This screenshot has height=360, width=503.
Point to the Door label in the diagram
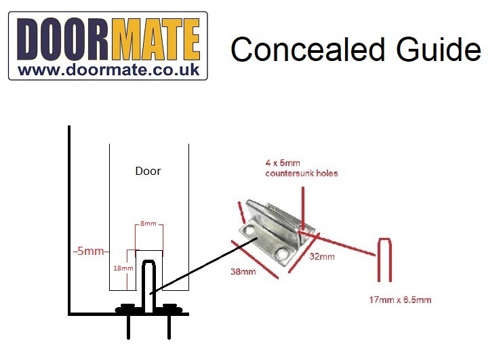(x=148, y=171)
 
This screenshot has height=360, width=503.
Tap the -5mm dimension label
(x=89, y=252)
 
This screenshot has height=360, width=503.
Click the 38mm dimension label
(x=243, y=273)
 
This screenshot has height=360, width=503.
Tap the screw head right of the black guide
(x=169, y=309)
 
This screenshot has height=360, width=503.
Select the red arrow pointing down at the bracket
(x=302, y=203)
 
